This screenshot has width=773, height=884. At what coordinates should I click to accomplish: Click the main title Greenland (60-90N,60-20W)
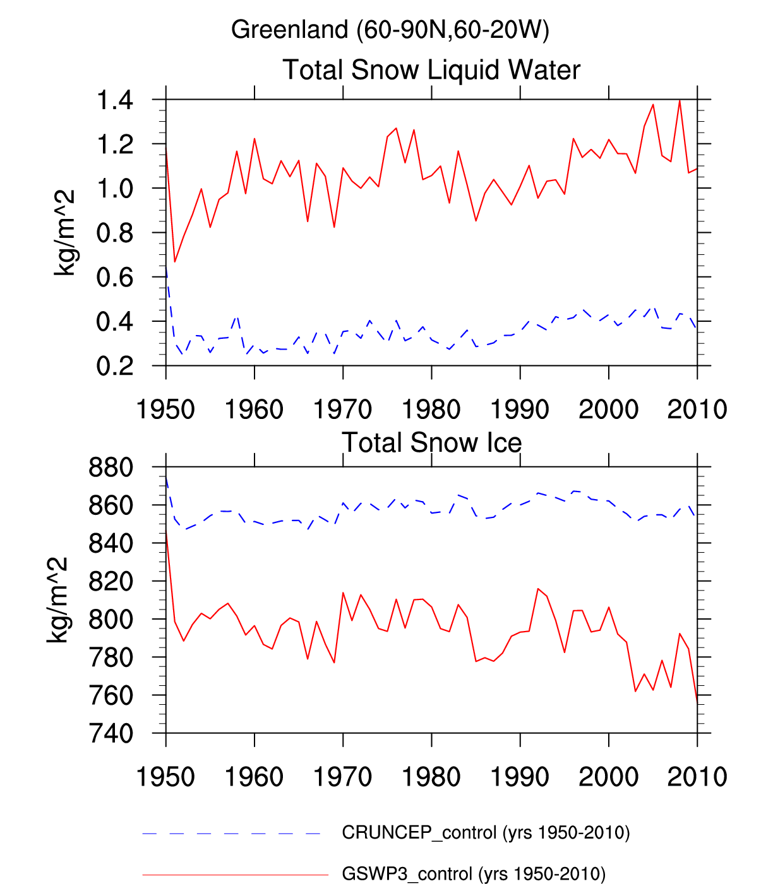(390, 30)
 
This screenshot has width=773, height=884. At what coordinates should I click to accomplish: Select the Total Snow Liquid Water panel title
(431, 70)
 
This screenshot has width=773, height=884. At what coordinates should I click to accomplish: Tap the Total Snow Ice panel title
(431, 443)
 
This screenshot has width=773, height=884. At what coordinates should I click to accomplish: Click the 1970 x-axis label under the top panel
(343, 410)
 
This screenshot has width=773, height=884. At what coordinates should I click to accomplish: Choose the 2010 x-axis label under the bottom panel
(697, 777)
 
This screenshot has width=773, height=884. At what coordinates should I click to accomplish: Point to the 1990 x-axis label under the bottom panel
(520, 777)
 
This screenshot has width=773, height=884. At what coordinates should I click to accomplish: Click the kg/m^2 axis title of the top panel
(64, 232)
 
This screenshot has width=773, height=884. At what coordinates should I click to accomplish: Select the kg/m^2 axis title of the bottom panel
(58, 599)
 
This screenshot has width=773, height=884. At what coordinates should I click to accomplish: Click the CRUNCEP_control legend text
(486, 833)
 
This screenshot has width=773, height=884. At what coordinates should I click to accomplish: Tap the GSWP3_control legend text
(474, 874)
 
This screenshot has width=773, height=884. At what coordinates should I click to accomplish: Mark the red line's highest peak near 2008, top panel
(680, 100)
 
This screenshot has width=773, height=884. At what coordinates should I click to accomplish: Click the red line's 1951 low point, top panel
(175, 262)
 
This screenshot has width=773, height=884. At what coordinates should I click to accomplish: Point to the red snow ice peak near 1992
(538, 589)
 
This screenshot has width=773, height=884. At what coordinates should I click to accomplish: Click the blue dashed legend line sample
(232, 834)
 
